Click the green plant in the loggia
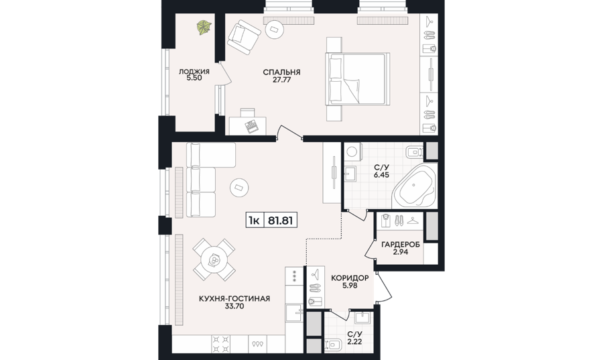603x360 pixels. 204,28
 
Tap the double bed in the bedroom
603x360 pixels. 358,79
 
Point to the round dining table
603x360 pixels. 214,260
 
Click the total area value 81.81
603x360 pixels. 279,221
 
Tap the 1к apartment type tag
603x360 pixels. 255,221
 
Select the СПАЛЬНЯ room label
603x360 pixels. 281,72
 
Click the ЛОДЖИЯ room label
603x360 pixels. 194,72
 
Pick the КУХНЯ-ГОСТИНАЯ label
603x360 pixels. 234,298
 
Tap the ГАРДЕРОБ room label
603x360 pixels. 401,245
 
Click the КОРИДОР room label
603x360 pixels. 350,278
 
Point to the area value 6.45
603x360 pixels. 381,175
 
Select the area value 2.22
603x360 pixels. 354,341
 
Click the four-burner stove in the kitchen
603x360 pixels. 221,344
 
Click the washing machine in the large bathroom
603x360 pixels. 352,152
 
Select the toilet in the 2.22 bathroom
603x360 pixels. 334,344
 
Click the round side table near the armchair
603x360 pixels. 274,29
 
